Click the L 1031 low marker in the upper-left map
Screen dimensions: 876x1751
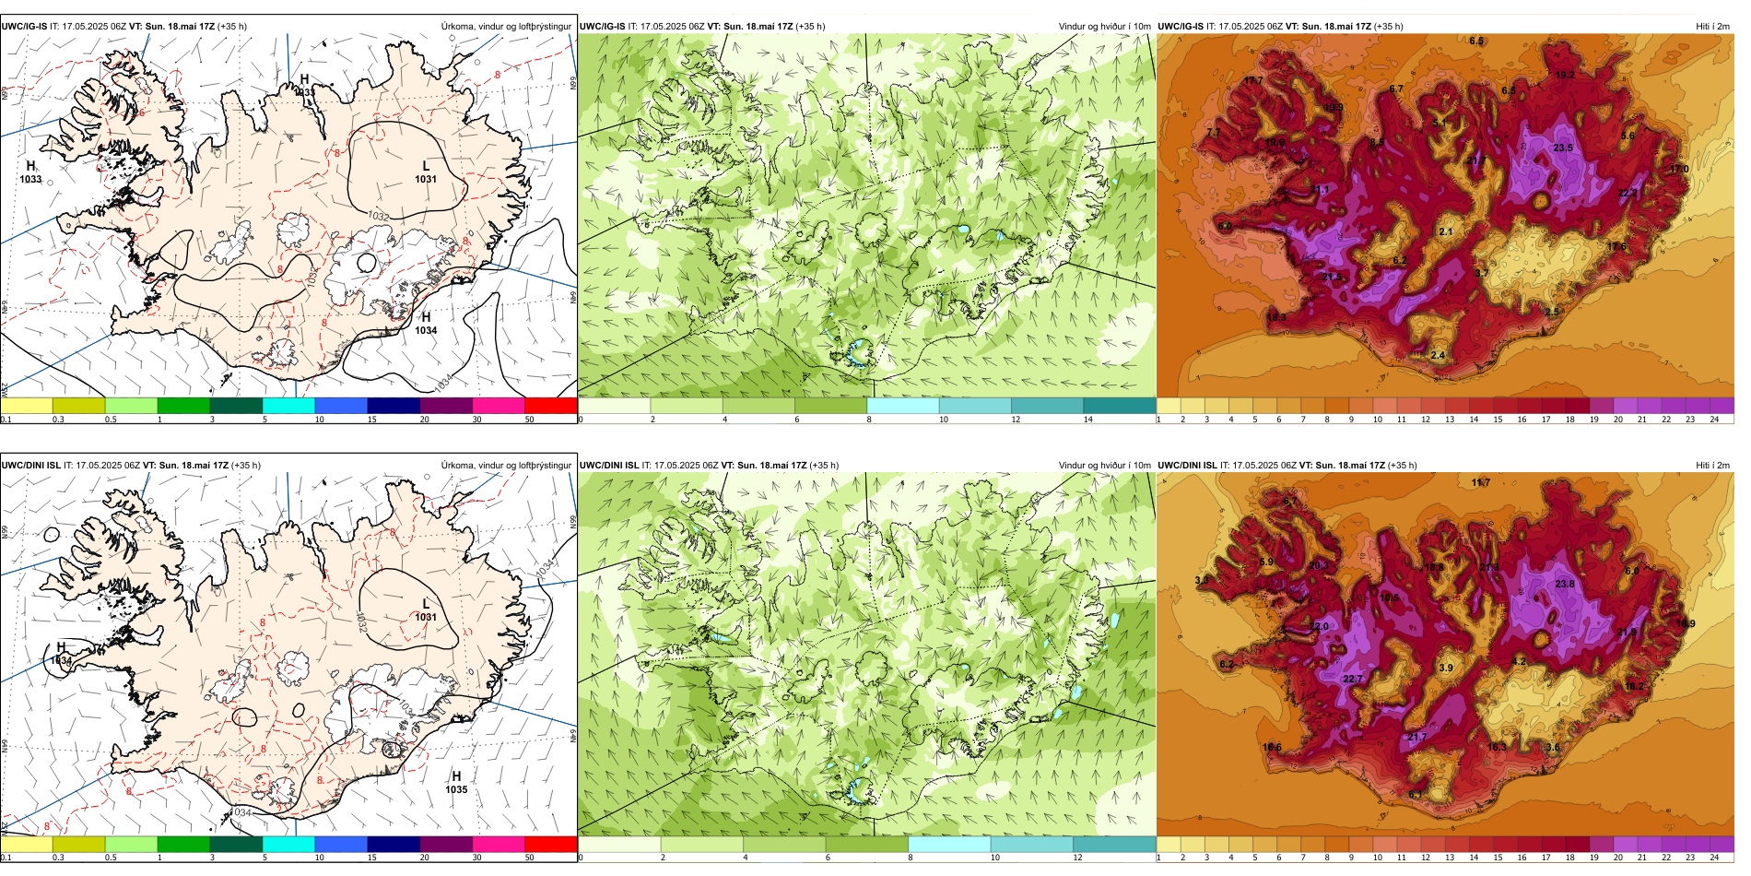tap(425, 172)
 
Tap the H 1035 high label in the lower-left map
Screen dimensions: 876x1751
tap(456, 783)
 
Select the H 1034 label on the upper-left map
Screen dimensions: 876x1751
tap(426, 324)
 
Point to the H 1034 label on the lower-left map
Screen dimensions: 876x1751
tap(62, 654)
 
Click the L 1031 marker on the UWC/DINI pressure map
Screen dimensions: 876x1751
tap(425, 610)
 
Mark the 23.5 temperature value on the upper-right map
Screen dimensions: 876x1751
tap(1563, 148)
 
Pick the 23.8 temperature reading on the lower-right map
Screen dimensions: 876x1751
tap(1564, 584)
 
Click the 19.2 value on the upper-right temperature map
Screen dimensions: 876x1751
tap(1564, 75)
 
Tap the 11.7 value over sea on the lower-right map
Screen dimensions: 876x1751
tap(1481, 482)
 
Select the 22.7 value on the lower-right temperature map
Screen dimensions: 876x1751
tap(1352, 679)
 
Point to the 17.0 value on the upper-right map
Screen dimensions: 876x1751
tap(1679, 169)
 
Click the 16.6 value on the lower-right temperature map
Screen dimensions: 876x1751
tap(1272, 747)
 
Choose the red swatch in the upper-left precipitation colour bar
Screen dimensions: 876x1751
tap(550, 405)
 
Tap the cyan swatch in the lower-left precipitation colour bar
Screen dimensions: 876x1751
tap(288, 844)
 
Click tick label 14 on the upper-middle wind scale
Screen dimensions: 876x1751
tap(1087, 420)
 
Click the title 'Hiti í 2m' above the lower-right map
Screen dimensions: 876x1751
tap(1712, 466)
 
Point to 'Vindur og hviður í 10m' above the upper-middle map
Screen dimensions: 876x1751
tap(1104, 27)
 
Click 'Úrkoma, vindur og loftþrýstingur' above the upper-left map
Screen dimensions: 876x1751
tap(506, 27)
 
